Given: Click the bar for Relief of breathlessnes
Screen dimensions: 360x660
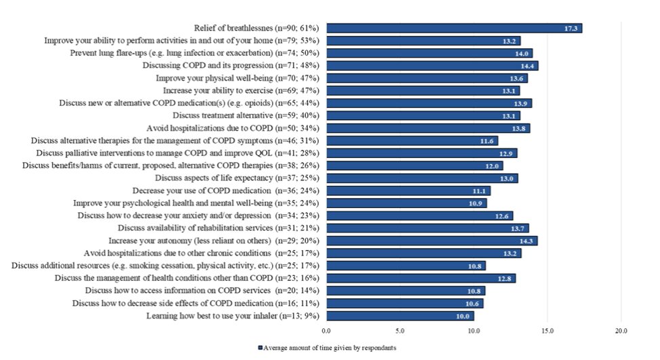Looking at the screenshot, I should click(454, 28).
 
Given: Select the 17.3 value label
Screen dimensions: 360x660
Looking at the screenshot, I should click(571, 28).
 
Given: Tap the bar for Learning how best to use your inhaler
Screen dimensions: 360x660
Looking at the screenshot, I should click(400, 316).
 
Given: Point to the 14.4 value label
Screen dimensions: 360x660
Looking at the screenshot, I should click(527, 66).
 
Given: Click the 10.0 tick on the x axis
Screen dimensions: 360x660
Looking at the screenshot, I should click(473, 331).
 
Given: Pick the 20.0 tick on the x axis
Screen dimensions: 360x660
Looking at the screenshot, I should click(621, 331).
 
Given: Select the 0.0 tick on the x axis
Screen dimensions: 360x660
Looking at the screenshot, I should click(326, 331).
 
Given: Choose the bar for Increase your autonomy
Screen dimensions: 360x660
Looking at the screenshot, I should click(431, 241).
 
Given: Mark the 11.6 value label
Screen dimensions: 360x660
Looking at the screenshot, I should click(486, 141).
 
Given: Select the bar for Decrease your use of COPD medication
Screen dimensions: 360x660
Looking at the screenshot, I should click(408, 191).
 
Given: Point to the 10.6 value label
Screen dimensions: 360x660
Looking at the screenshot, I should click(472, 304).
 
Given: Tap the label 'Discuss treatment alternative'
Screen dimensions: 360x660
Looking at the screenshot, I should click(236, 115).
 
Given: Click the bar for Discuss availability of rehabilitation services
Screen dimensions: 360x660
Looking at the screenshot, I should click(427, 228).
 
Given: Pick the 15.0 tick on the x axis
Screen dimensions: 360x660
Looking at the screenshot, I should click(547, 331).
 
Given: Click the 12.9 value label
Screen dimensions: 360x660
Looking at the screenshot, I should click(506, 153).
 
